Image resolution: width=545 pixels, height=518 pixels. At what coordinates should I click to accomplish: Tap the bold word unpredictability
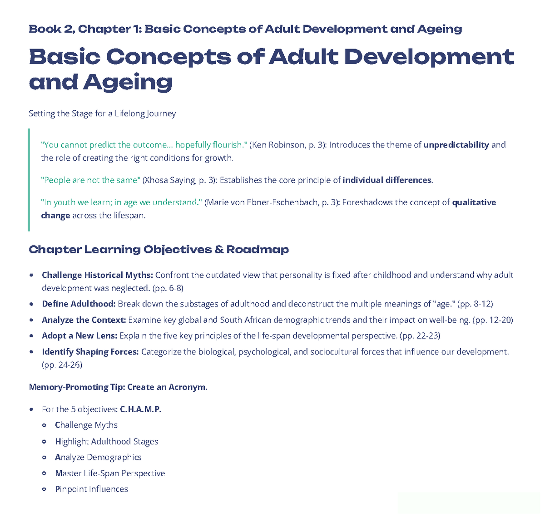456,145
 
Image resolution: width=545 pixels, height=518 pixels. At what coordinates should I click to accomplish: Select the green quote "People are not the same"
90,180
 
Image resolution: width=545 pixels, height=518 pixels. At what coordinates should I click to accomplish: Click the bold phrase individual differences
386,180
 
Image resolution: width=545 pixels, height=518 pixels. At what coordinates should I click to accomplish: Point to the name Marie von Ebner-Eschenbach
263,202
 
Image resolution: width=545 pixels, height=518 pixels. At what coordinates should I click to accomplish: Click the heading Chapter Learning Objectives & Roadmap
159,250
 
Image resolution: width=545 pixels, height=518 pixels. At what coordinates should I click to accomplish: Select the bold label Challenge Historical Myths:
97,275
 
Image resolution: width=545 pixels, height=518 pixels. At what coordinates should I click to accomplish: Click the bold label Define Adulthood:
79,304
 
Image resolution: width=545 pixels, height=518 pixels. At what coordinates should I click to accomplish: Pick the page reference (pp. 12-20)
493,320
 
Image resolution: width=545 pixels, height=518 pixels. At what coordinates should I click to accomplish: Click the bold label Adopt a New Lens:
79,336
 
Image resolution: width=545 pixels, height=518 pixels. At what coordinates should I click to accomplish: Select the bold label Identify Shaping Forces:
90,352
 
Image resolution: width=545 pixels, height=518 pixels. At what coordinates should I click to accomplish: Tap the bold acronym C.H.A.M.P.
140,409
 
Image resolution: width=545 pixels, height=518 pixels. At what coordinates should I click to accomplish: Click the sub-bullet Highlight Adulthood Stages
106,442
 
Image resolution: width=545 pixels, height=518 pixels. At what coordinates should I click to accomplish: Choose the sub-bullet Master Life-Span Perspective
109,474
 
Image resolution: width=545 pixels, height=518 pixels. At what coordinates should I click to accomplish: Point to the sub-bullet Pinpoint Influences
91,489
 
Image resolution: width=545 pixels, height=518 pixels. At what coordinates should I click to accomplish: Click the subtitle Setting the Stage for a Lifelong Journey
102,113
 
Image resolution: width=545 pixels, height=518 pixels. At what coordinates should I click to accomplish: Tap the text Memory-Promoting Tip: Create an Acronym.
118,387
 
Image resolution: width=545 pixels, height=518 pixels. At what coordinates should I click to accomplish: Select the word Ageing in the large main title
128,83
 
